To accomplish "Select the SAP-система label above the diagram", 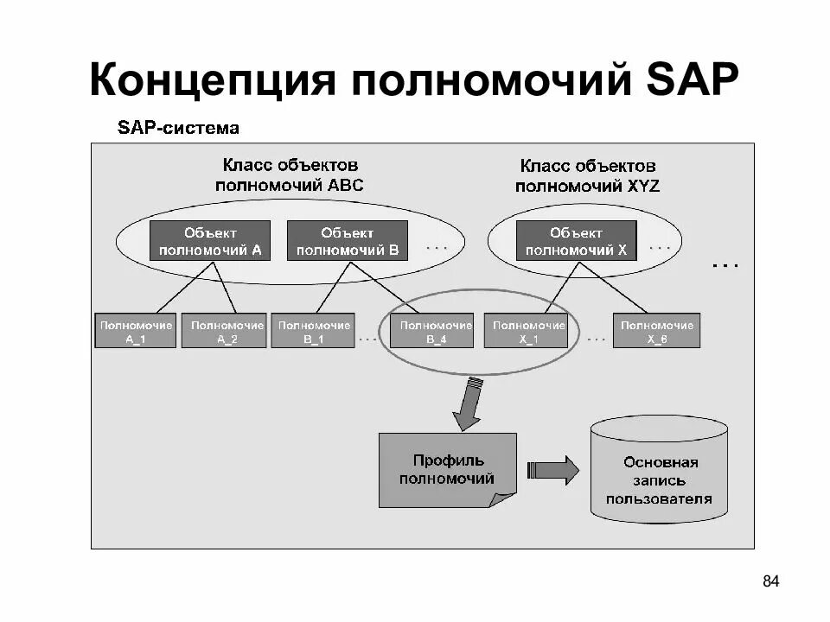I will (x=178, y=129).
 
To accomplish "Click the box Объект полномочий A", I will (x=210, y=241).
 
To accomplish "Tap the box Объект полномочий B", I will (x=347, y=241).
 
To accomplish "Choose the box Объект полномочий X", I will (x=576, y=241).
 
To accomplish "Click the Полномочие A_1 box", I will (x=136, y=332).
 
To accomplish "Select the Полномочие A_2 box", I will (x=227, y=332).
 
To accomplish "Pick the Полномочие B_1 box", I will (x=313, y=332).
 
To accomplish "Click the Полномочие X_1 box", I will (x=528, y=332).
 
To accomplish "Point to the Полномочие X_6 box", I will (x=657, y=332).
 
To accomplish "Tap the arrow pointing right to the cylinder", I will (x=553, y=470).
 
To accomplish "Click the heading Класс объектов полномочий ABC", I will (x=290, y=174).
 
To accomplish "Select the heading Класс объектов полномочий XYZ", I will (x=588, y=175).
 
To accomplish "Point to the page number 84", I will (x=771, y=581).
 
